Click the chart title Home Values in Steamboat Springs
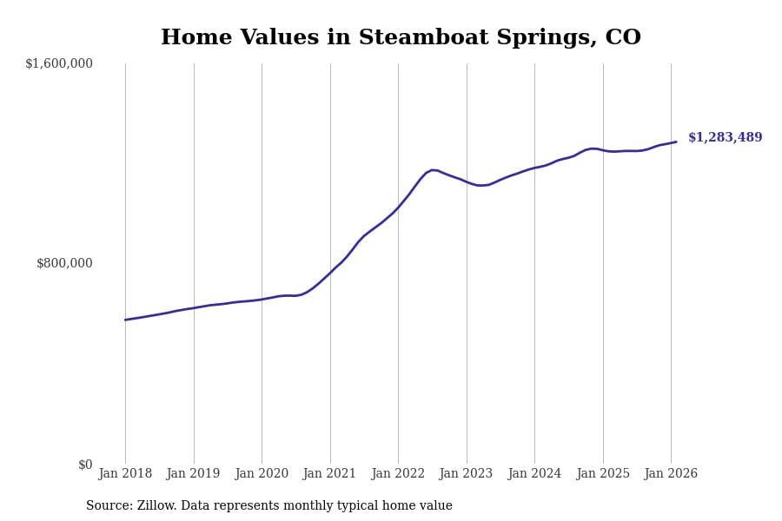point(401,38)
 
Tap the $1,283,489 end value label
point(725,137)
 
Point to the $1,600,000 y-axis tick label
point(59,63)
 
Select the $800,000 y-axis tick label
point(64,263)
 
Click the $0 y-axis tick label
point(85,465)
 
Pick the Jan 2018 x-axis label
point(125,474)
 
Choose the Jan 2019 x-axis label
point(193,474)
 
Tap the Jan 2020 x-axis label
point(262,474)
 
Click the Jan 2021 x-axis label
point(329,474)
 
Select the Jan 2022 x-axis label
point(398,474)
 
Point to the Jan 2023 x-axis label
point(466,474)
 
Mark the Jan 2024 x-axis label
point(534,474)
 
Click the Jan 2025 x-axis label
point(602,474)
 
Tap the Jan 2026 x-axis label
point(671,474)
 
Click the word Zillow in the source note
point(157,506)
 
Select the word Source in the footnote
point(108,506)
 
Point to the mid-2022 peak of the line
point(433,170)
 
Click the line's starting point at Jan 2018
point(125,320)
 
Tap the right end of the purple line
point(676,142)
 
